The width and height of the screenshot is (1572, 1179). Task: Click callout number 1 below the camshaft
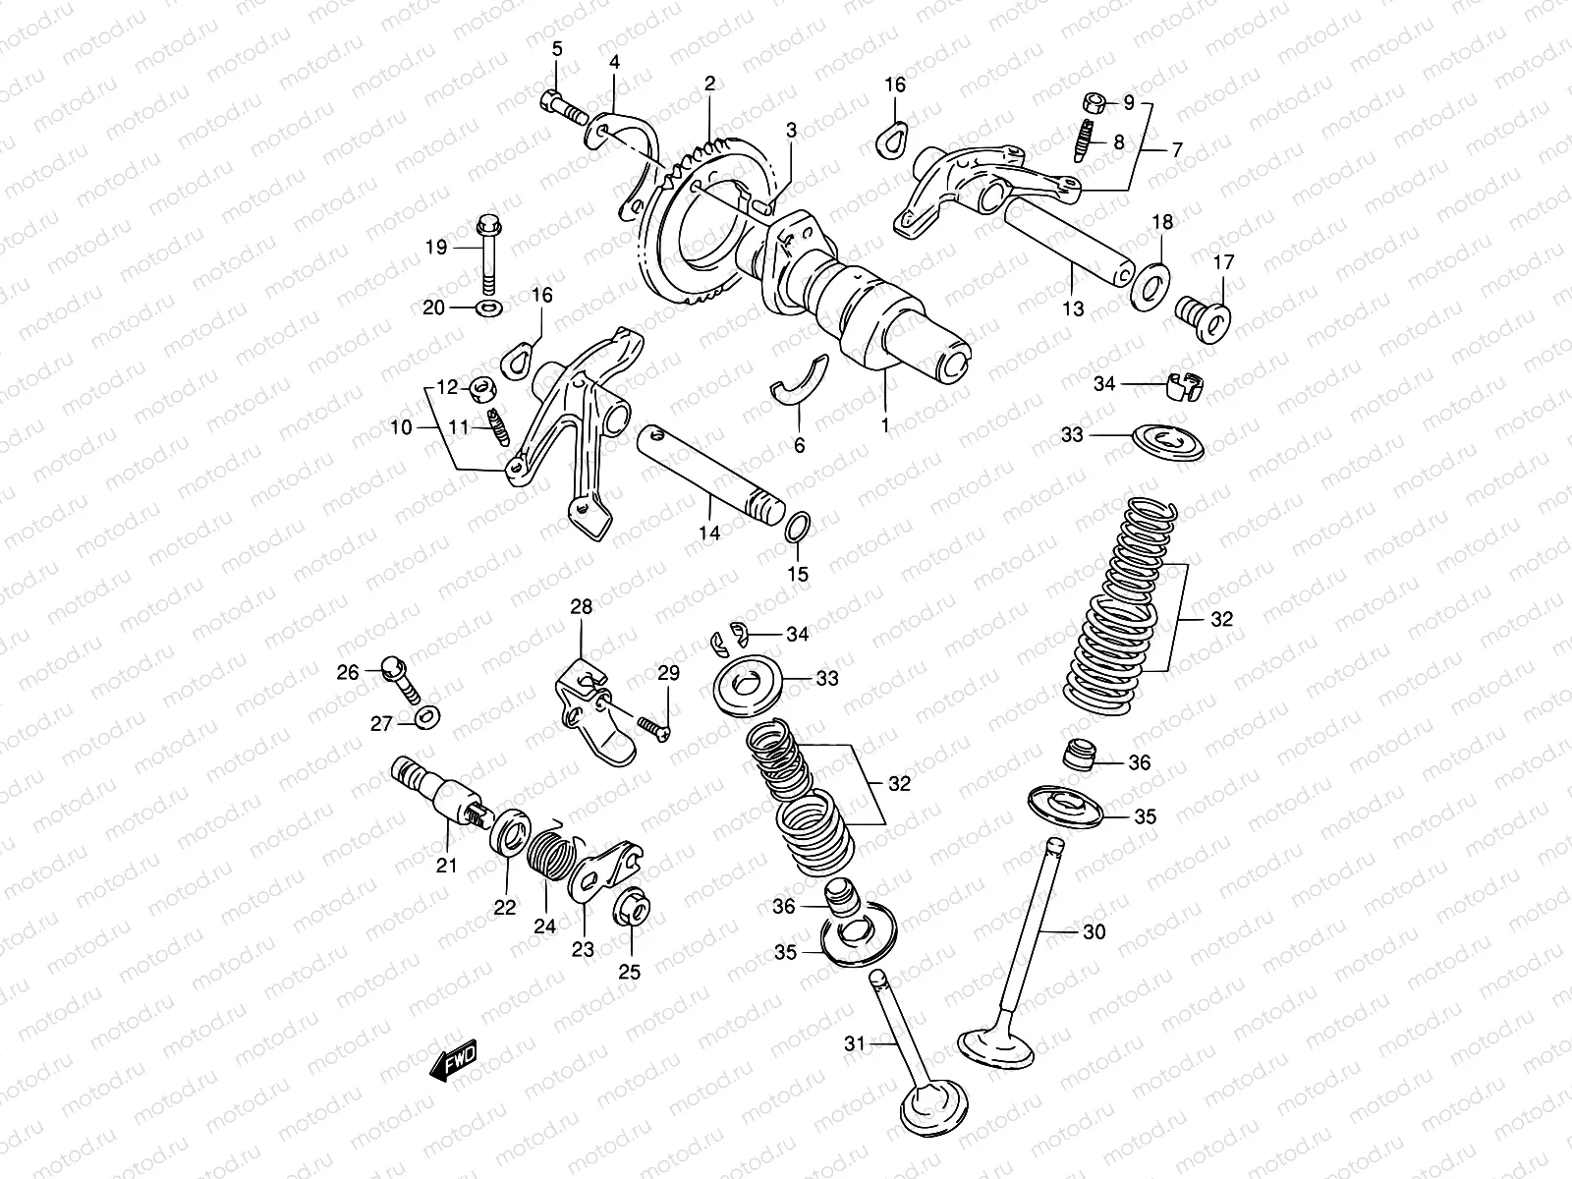[884, 425]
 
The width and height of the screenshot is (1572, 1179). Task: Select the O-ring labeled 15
[798, 528]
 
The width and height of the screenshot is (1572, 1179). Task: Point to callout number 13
[1073, 309]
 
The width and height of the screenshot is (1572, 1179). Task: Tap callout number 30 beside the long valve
[1093, 930]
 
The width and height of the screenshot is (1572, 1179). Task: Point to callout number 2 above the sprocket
[709, 84]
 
